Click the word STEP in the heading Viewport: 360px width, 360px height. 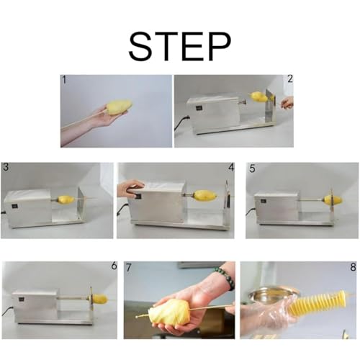click(180, 47)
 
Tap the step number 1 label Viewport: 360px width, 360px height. click(64, 80)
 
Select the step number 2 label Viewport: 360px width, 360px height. click(290, 79)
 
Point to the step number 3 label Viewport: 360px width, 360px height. click(6, 167)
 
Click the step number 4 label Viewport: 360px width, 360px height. click(231, 167)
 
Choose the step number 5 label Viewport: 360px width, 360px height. click(252, 168)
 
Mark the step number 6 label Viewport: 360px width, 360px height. click(114, 266)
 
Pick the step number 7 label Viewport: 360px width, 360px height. click(129, 268)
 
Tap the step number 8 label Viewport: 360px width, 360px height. click(353, 267)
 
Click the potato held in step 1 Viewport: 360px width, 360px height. click(119, 107)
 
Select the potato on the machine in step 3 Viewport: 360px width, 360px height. click(66, 199)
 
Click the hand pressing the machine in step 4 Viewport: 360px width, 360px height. click(130, 188)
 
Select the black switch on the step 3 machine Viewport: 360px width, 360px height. click(14, 206)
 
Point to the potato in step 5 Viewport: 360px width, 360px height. click(333, 199)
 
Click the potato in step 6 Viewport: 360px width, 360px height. click(99, 299)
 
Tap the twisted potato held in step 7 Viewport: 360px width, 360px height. click(170, 312)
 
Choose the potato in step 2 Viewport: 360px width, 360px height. click(258, 96)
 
